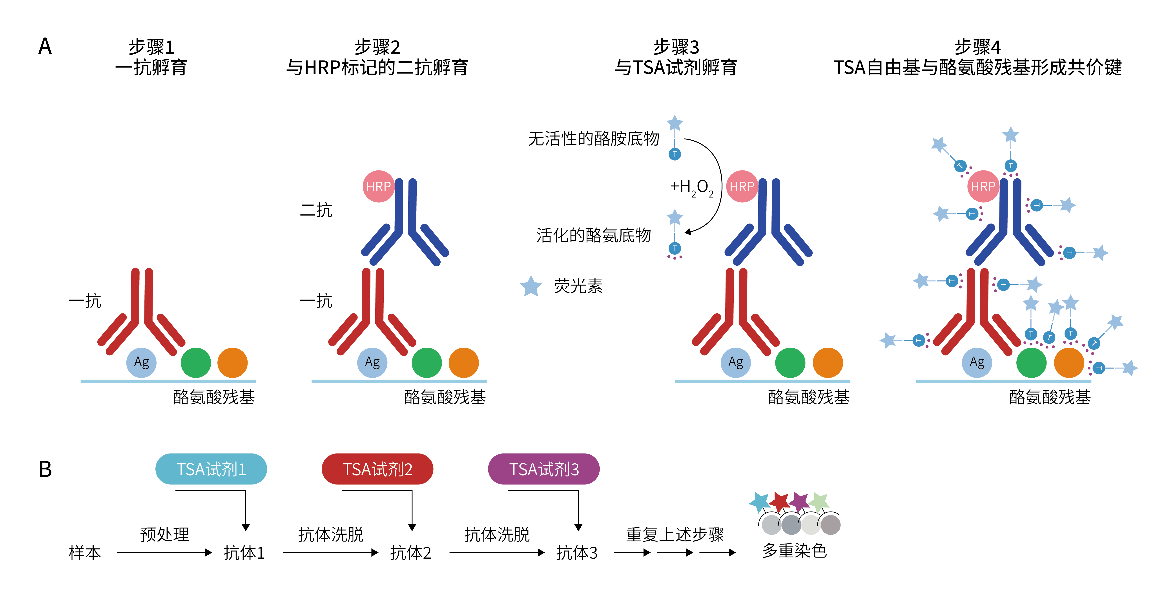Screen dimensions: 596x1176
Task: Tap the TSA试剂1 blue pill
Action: [211, 469]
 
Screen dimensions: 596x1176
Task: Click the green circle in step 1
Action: [196, 363]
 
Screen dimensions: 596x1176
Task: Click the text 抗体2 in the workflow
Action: [410, 553]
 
